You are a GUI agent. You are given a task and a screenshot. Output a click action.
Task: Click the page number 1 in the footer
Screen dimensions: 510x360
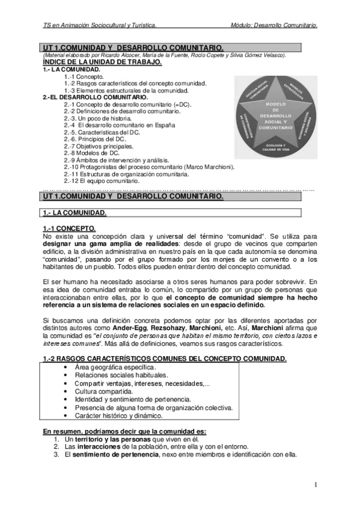tap(316, 485)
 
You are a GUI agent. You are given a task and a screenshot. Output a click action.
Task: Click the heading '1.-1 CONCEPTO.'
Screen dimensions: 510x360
tap(69, 229)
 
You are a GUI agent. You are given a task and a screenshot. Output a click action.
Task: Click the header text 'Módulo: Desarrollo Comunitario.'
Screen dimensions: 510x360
tap(273, 25)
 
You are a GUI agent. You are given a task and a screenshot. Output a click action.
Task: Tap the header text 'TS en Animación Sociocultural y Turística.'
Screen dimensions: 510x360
tap(100, 25)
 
